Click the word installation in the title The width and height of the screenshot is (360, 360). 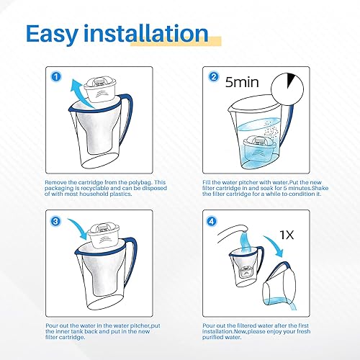pyautogui.click(x=149, y=33)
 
